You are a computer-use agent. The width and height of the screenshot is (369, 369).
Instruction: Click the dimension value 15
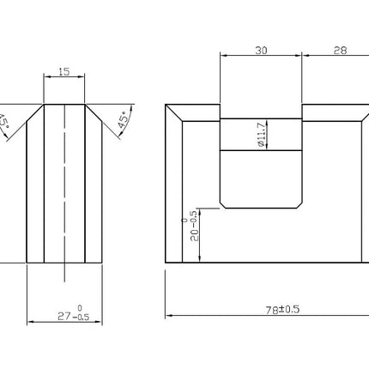pyautogui.click(x=64, y=71)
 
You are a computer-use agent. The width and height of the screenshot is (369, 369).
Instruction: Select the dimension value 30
pyautogui.click(x=261, y=51)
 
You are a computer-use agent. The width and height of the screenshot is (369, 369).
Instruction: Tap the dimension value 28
pyautogui.click(x=340, y=51)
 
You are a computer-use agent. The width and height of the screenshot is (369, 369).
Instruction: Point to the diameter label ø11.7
pyautogui.click(x=262, y=135)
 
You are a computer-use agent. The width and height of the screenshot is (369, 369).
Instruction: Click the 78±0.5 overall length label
pyautogui.click(x=282, y=310)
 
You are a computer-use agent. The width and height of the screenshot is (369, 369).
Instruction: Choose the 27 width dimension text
pyautogui.click(x=74, y=314)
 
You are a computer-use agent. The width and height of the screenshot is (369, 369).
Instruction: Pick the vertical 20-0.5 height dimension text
pyautogui.click(x=192, y=226)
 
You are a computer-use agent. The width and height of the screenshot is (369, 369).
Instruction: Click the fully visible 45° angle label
pyautogui.click(x=123, y=119)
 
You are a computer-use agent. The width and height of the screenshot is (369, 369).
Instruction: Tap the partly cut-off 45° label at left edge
pyautogui.click(x=3, y=122)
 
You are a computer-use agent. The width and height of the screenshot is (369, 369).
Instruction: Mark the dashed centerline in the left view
pyautogui.click(x=64, y=193)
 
